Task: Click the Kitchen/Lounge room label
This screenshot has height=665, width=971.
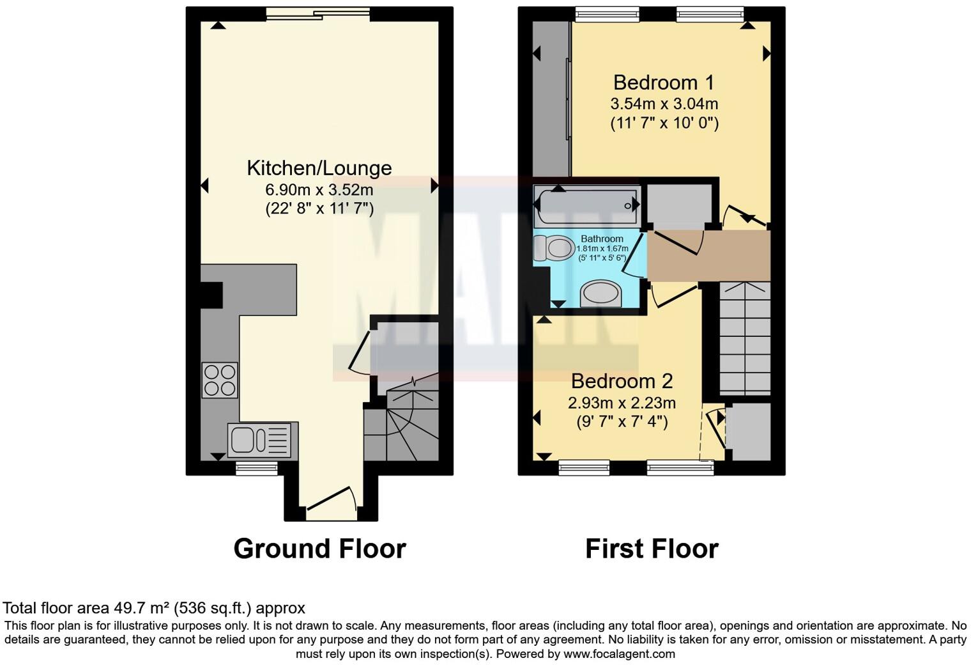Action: (319, 168)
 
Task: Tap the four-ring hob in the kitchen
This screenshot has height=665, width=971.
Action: (220, 380)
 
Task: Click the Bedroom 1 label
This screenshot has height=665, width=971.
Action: (664, 82)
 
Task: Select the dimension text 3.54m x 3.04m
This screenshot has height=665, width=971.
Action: (664, 104)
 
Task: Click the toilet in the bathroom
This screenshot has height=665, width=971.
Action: (554, 247)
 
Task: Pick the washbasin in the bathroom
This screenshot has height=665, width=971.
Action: (600, 295)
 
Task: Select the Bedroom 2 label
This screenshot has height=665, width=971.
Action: (622, 381)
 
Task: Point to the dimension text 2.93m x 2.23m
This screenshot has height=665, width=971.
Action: (622, 403)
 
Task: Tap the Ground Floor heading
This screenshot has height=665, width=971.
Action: (319, 549)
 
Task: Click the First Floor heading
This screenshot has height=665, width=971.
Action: (652, 549)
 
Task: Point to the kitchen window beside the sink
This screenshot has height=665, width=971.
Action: (256, 469)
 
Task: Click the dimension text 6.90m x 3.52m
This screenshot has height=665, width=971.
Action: (319, 190)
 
